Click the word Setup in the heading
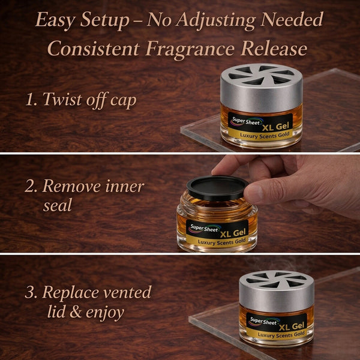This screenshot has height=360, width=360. [x=104, y=20]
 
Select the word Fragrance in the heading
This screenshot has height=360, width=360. [x=190, y=49]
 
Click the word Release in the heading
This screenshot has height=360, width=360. [x=274, y=48]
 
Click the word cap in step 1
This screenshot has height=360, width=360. [x=123, y=101]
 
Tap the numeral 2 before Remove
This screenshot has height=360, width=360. [x=30, y=186]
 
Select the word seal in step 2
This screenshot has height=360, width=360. [x=58, y=205]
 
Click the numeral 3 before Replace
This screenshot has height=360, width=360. [x=30, y=292]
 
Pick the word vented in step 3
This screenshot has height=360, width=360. [x=127, y=292]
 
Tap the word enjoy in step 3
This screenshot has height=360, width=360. [x=105, y=313]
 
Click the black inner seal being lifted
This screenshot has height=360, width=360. [x=217, y=188]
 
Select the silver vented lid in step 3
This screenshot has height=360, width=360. [x=277, y=291]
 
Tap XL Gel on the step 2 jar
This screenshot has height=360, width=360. [x=233, y=233]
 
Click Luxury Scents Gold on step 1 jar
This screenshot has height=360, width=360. [x=265, y=136]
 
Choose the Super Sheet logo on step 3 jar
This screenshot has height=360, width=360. [x=264, y=321]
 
